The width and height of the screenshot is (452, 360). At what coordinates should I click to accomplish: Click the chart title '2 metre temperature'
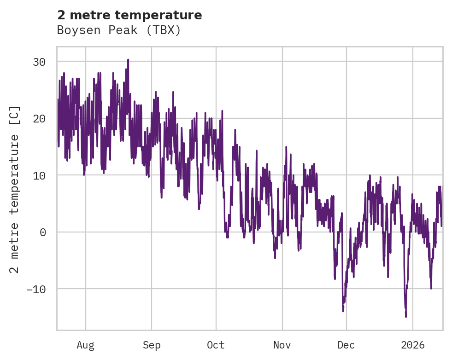coord(129,15)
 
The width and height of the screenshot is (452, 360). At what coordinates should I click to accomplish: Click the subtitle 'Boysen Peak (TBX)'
coord(119,30)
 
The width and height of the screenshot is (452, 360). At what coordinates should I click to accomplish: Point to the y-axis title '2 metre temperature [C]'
coord(15,189)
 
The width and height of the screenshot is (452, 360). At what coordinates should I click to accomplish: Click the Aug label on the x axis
coord(86,345)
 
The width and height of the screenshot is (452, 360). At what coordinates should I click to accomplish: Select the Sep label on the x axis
coord(152,345)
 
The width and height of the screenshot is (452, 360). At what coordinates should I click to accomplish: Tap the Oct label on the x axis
coord(216,345)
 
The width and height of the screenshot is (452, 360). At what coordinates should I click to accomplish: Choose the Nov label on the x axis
coord(282,345)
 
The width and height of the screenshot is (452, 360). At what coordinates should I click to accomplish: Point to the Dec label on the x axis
coord(346,345)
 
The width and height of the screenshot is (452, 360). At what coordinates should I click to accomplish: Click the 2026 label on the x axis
coord(413,345)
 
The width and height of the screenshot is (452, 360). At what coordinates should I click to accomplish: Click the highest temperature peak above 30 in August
coord(128,60)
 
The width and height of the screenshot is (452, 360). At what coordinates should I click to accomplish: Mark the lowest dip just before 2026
coord(406,316)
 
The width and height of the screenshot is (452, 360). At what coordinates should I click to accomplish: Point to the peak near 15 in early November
coord(286,147)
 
